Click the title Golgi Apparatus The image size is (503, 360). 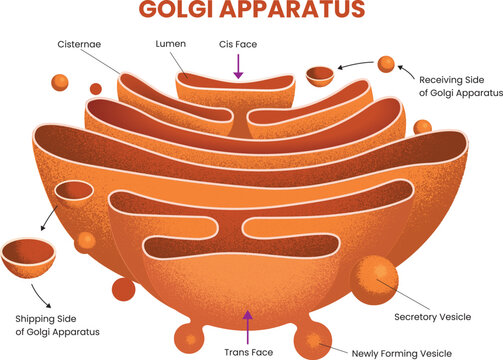[x=250, y=12]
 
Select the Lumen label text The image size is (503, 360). [x=170, y=45]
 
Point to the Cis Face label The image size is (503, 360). [x=238, y=45]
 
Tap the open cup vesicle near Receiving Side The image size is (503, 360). [x=319, y=75]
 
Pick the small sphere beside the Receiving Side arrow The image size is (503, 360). [x=385, y=64]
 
